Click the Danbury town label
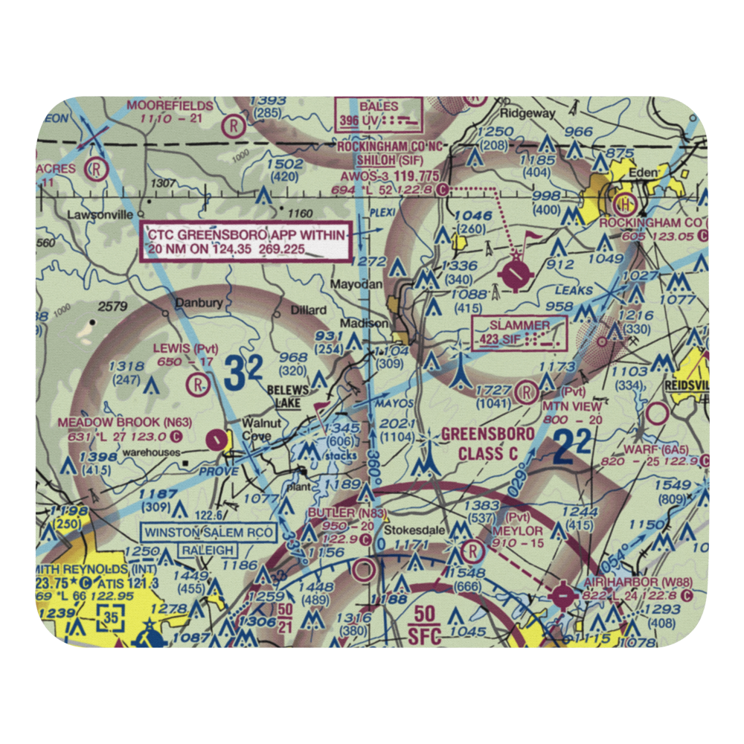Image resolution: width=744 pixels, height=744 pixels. (198, 304)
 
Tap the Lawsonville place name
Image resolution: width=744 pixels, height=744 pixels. (93, 215)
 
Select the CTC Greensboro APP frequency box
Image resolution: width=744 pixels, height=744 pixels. (247, 242)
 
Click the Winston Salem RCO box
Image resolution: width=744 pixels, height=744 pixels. (210, 533)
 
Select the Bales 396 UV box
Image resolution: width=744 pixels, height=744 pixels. (378, 113)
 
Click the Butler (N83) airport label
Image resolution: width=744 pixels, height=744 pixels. (336, 514)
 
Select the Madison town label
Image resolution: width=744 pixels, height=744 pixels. (364, 323)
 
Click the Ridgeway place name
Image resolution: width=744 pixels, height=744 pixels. (527, 113)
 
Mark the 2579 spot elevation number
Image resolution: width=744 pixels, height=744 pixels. (112, 307)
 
